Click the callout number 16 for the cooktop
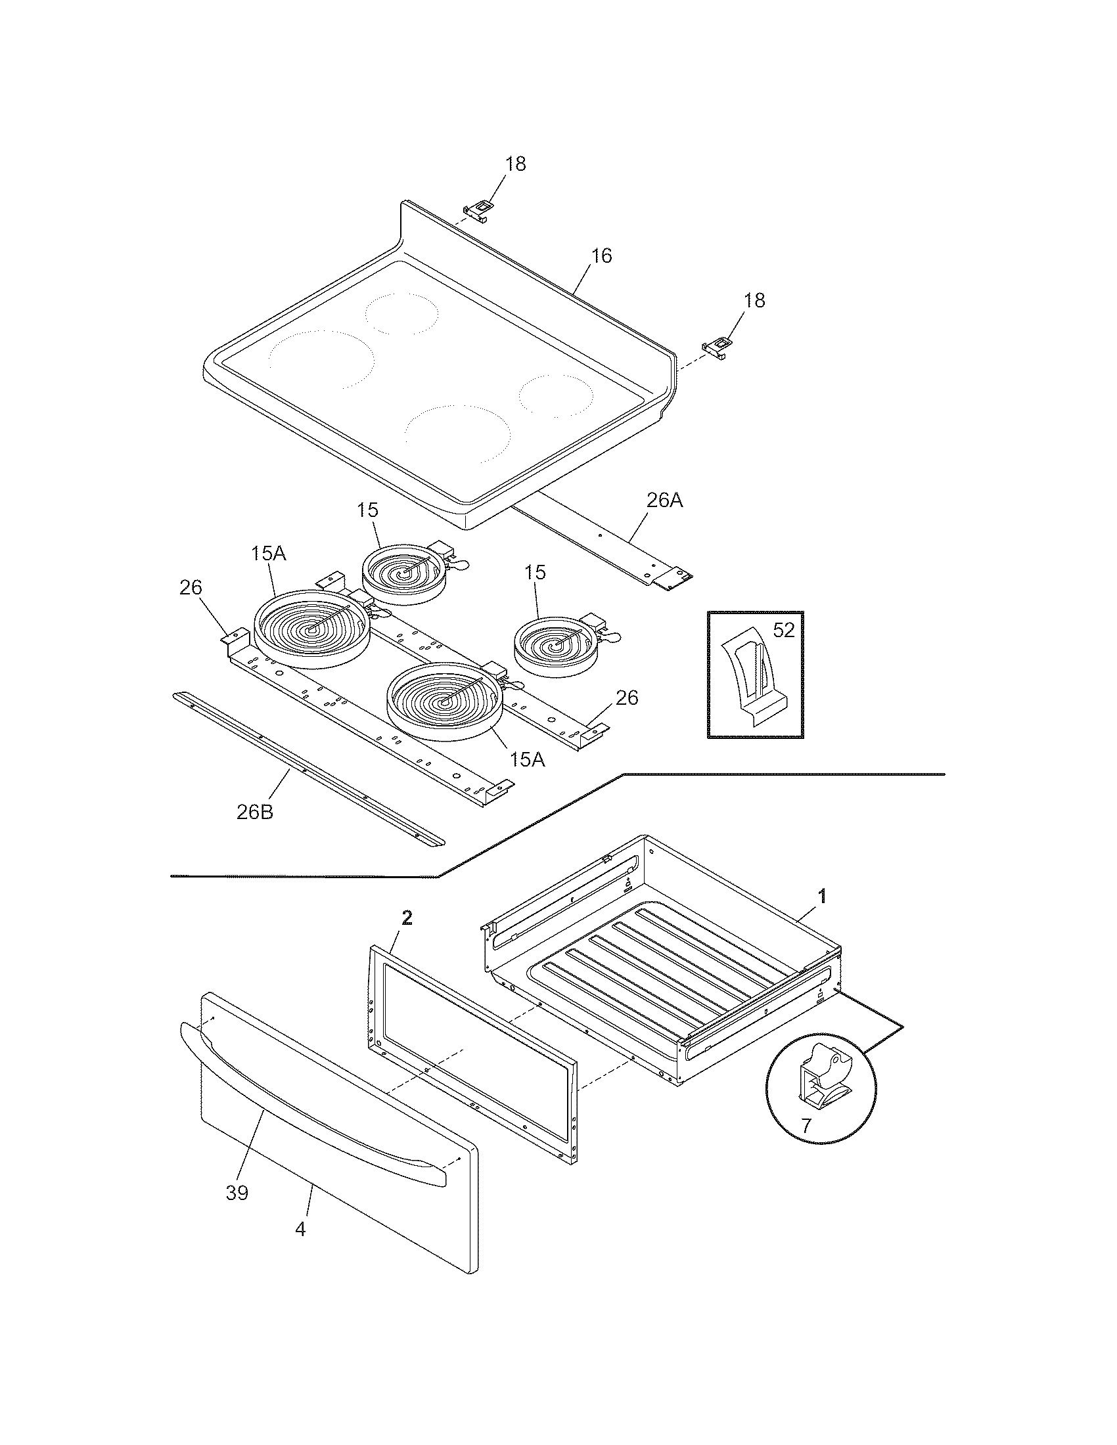(601, 256)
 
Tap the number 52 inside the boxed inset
(783, 630)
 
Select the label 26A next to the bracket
(664, 500)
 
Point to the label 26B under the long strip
(255, 812)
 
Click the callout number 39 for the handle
(237, 1193)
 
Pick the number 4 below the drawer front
(300, 1230)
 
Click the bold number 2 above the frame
(407, 917)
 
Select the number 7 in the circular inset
(806, 1125)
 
